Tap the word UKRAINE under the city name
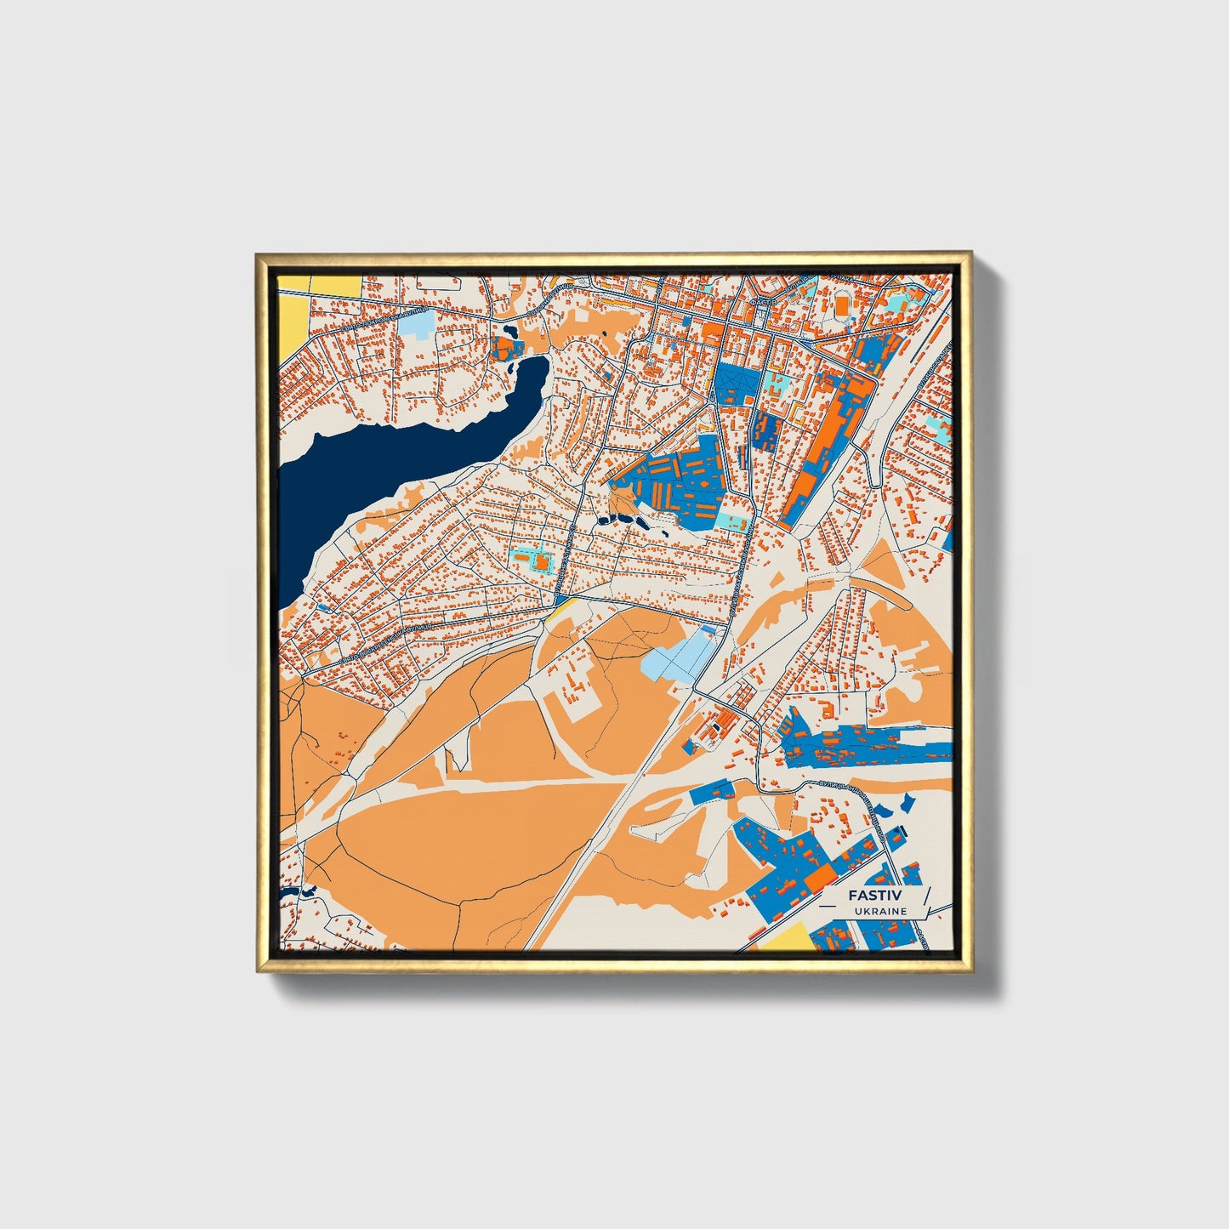point(881,911)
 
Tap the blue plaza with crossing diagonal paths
point(734,384)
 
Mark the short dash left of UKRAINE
point(838,911)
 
